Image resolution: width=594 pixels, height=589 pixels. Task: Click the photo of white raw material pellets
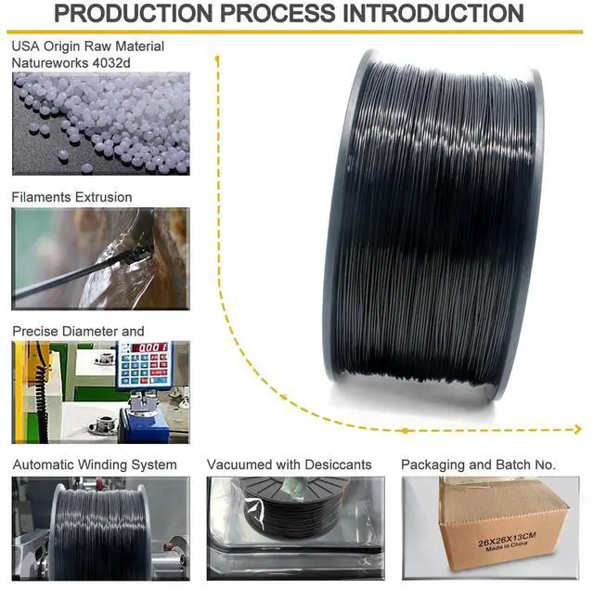pos(100,123)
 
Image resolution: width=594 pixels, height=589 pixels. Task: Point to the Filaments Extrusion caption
pos(71,197)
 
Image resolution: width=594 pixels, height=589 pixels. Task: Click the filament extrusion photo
pos(100,258)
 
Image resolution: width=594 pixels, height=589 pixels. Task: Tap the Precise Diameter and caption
pos(78,331)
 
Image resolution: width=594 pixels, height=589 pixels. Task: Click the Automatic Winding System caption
pos(94,465)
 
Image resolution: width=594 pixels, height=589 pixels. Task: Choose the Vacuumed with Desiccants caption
pos(289,465)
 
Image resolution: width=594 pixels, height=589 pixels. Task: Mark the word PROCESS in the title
pos(291,14)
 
